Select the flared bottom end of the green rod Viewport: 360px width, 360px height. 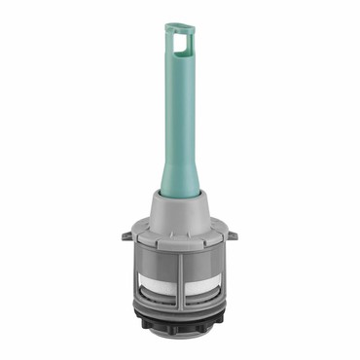pos(181,181)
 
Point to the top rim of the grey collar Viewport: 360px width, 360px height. pos(180,194)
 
